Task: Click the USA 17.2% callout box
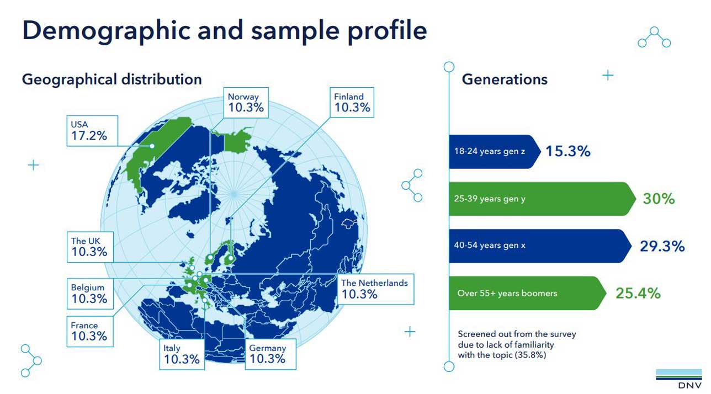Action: click(92, 130)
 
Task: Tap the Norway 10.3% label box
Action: click(246, 103)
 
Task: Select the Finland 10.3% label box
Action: click(352, 103)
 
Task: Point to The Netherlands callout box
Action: click(374, 289)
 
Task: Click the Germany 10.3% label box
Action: click(268, 354)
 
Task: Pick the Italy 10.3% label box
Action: click(182, 354)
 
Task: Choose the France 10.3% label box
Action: click(89, 331)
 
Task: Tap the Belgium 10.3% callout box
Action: click(89, 294)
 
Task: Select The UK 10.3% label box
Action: click(89, 247)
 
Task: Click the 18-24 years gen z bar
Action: click(491, 151)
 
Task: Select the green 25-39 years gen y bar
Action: click(538, 199)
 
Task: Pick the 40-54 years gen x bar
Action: click(538, 246)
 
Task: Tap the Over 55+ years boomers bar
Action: click(524, 293)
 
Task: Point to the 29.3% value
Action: click(662, 246)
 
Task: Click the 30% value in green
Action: click(659, 199)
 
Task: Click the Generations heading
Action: click(505, 79)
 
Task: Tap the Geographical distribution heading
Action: click(112, 79)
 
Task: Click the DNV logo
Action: click(678, 378)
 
